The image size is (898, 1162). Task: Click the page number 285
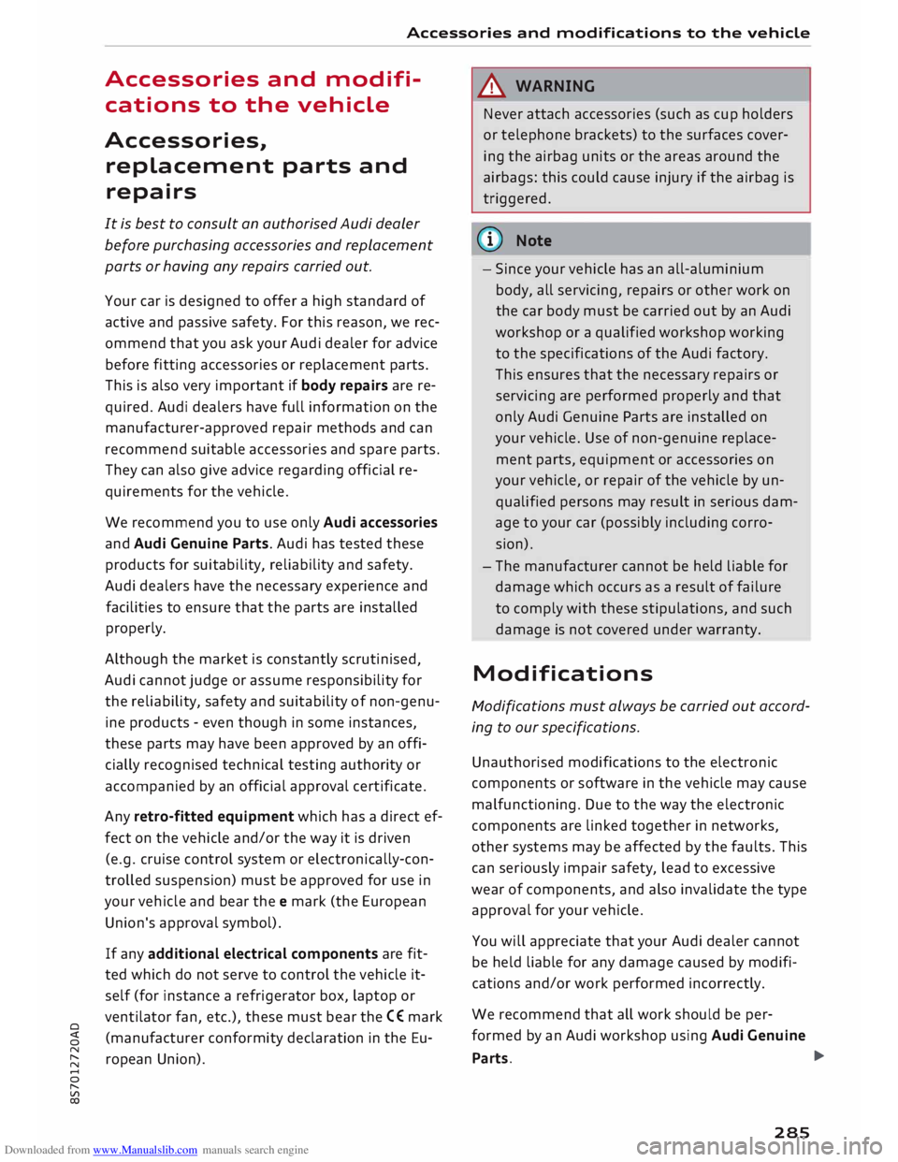pyautogui.click(x=791, y=1132)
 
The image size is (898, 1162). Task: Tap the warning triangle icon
pyautogui.click(x=495, y=86)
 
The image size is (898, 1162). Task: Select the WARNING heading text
pyautogui.click(x=555, y=86)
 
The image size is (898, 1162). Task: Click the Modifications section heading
pyautogui.click(x=562, y=674)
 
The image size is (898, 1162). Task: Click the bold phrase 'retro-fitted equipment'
pyautogui.click(x=213, y=817)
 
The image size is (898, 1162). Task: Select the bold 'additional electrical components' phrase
pyautogui.click(x=263, y=953)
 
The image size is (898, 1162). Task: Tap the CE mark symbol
pyautogui.click(x=395, y=1017)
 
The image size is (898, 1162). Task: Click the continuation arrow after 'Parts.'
pyautogui.click(x=793, y=1056)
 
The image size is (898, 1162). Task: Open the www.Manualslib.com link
pyautogui.click(x=145, y=1150)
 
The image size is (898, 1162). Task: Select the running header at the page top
pyautogui.click(x=608, y=33)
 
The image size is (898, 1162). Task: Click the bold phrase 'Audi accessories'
pyautogui.click(x=381, y=522)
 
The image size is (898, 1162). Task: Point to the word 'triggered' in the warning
pyautogui.click(x=516, y=198)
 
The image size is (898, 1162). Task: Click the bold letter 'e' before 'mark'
pyautogui.click(x=282, y=902)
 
